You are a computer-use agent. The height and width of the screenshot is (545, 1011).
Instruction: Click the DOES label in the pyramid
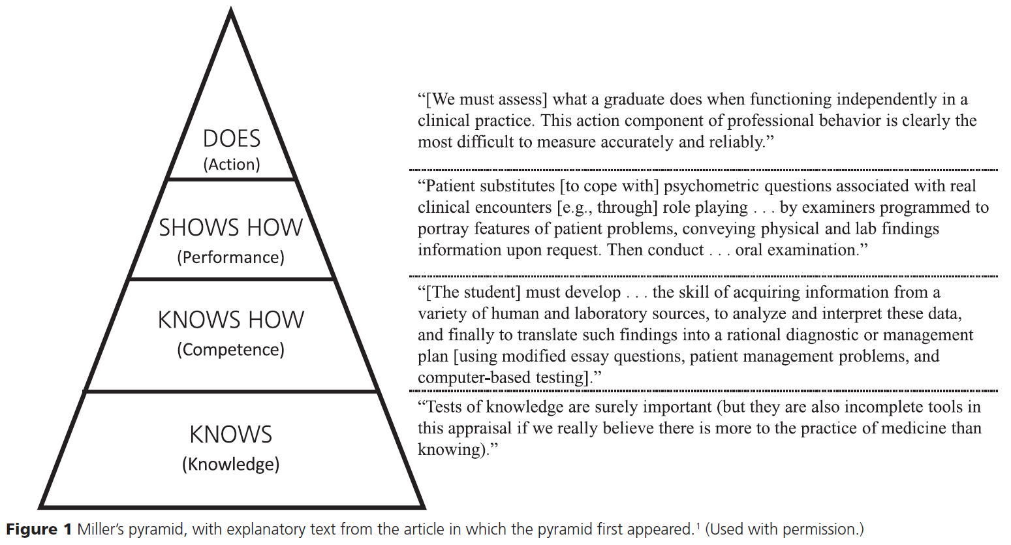[231, 139]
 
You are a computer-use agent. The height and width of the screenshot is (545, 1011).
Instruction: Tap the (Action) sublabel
[231, 164]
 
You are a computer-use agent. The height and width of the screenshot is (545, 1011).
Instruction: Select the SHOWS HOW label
[231, 228]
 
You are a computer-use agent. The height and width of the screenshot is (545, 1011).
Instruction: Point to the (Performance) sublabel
[231, 257]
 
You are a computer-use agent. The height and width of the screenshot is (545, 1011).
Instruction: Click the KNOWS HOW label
[231, 320]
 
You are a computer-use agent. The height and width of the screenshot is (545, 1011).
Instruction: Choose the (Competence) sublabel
[231, 350]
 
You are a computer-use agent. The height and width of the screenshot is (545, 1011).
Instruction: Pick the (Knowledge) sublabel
[231, 464]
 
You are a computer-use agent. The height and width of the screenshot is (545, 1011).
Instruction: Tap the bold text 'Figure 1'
[39, 529]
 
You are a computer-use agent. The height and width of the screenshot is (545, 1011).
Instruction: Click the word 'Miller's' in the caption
[100, 529]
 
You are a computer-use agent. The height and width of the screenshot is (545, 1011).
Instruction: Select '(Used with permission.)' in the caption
[784, 529]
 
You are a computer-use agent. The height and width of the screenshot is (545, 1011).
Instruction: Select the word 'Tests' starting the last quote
[444, 407]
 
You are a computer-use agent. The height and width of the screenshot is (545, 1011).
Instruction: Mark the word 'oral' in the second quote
[749, 251]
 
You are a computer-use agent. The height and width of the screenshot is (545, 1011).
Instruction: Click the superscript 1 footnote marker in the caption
[698, 525]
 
